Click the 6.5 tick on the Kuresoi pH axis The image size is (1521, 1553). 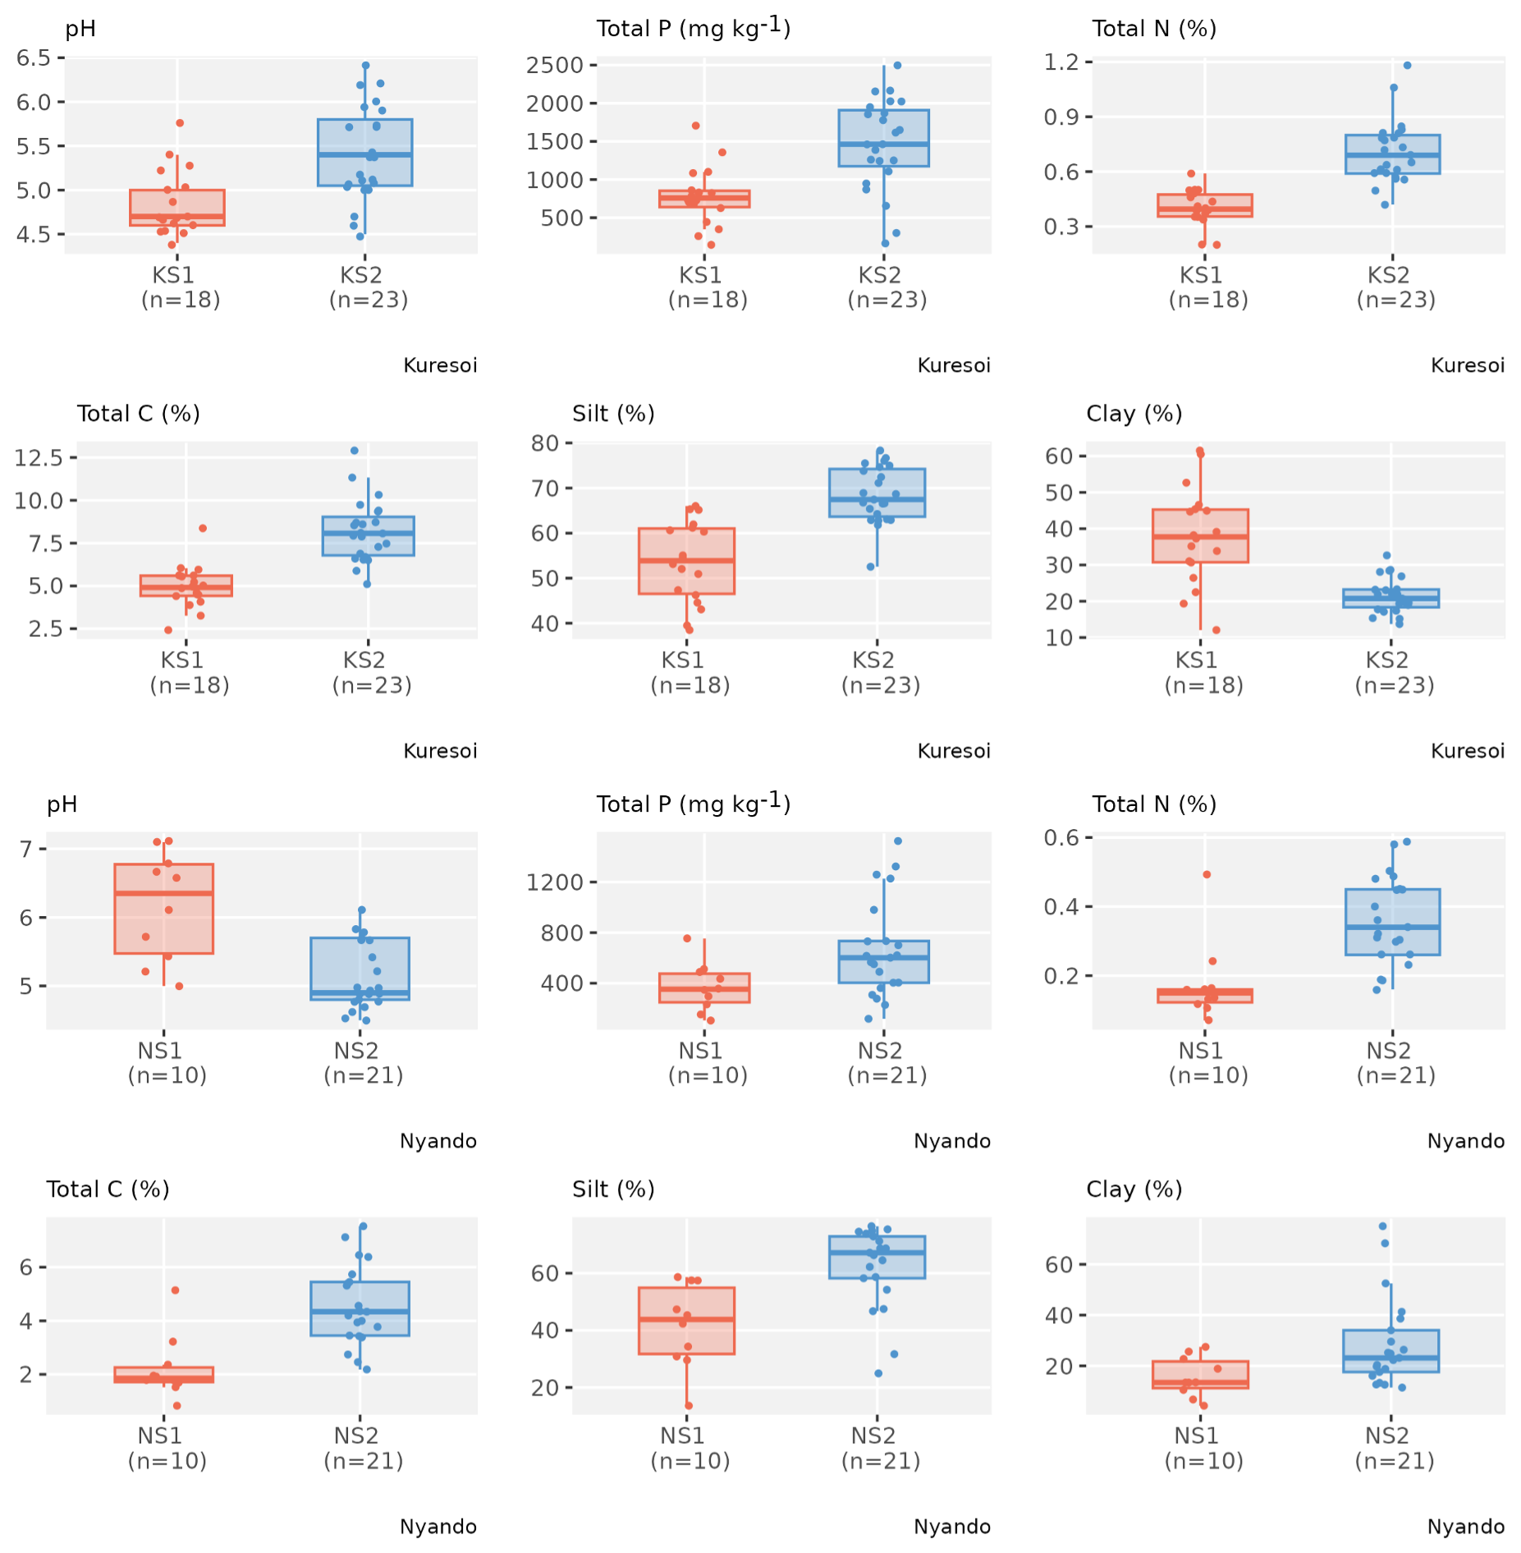click(34, 57)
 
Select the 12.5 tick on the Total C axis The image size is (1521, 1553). click(39, 457)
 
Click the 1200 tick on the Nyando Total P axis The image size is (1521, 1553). click(555, 882)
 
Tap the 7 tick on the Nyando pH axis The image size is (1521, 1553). click(26, 849)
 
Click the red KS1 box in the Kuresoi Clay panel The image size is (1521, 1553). click(1200, 535)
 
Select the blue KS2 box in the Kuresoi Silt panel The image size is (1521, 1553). click(877, 492)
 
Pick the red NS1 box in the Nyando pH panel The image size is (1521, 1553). click(164, 909)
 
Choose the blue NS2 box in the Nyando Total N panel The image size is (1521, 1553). click(1392, 922)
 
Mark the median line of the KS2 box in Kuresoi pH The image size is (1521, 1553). click(365, 154)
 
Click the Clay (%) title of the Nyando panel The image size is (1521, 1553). click(1134, 1189)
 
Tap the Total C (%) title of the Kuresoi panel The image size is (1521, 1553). click(139, 414)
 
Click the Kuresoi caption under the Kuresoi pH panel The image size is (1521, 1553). click(440, 365)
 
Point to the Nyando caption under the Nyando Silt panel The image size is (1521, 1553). click(952, 1527)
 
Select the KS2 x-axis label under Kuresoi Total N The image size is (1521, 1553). click(1388, 275)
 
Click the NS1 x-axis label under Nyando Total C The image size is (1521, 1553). click(160, 1436)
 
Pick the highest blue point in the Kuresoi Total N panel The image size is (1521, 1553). click(1407, 66)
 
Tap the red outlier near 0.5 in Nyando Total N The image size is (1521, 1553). click(1207, 874)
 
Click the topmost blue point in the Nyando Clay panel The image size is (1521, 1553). click(1382, 1226)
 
